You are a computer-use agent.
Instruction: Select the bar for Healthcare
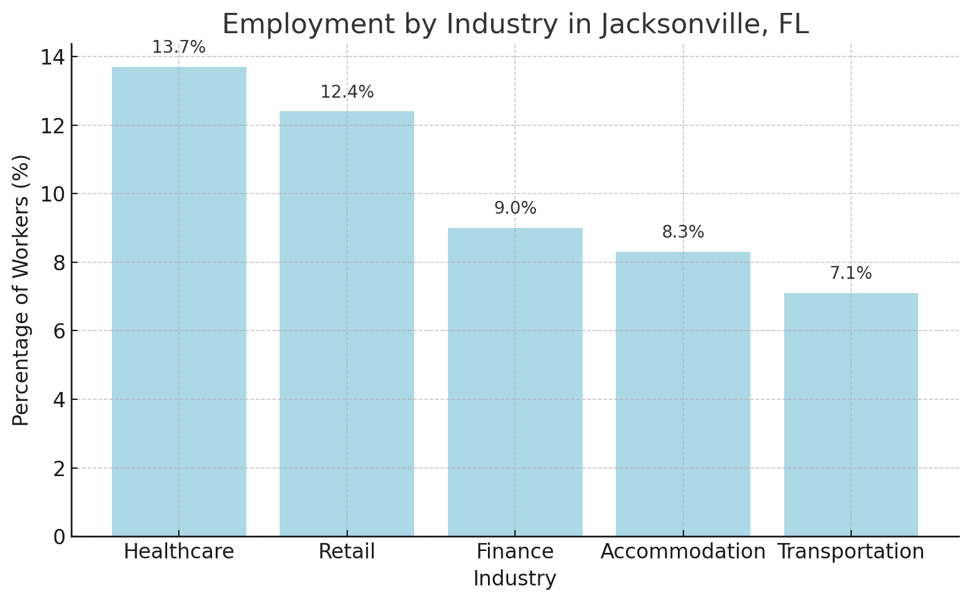(x=179, y=301)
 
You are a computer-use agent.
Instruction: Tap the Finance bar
(x=515, y=381)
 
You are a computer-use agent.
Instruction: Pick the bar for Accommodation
(x=683, y=394)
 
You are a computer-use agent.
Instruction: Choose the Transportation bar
(x=851, y=414)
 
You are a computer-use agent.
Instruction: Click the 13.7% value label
(x=179, y=47)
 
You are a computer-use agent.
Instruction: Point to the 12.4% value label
(x=347, y=92)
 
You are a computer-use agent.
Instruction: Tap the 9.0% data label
(x=515, y=208)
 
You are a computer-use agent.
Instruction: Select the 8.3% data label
(x=683, y=232)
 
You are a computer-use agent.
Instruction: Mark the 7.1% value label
(x=851, y=273)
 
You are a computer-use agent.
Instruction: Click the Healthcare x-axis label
(x=179, y=552)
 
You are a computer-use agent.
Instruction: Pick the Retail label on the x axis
(x=347, y=552)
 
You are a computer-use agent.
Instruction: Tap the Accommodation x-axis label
(x=683, y=552)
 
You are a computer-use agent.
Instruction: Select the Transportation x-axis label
(x=851, y=552)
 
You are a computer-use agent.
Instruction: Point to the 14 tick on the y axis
(x=53, y=57)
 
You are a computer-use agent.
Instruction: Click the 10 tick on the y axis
(x=53, y=194)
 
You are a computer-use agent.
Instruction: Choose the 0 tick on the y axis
(x=59, y=537)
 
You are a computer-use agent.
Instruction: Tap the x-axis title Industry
(x=515, y=579)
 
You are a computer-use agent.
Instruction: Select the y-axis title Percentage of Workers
(x=21, y=290)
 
